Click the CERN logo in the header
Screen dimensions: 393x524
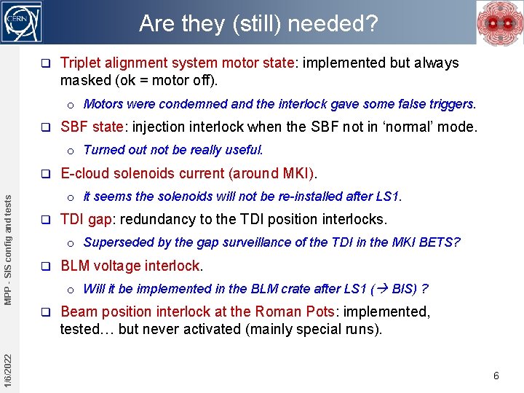(x=23, y=22)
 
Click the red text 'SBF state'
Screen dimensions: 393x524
(x=92, y=127)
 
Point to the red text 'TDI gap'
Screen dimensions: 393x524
(x=85, y=219)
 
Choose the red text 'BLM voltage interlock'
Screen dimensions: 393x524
(x=130, y=266)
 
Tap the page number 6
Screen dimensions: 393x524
(x=496, y=376)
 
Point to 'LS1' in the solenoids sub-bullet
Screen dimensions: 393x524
(x=386, y=196)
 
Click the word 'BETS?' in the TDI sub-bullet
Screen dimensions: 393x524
(x=440, y=242)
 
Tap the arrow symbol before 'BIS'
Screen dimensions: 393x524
(x=382, y=289)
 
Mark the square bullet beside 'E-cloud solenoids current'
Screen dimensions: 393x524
(x=45, y=174)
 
